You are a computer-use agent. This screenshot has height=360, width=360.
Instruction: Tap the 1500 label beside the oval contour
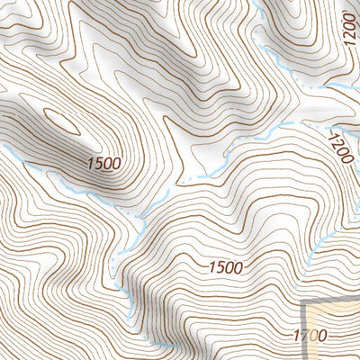pyautogui.click(x=104, y=163)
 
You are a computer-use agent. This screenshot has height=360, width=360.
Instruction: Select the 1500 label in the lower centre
pyautogui.click(x=226, y=266)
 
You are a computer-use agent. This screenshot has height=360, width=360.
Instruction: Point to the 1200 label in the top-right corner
pyautogui.click(x=350, y=39)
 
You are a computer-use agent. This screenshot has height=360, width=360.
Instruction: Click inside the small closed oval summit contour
pyautogui.click(x=60, y=120)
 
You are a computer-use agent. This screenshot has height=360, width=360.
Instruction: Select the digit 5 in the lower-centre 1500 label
pyautogui.click(x=219, y=266)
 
